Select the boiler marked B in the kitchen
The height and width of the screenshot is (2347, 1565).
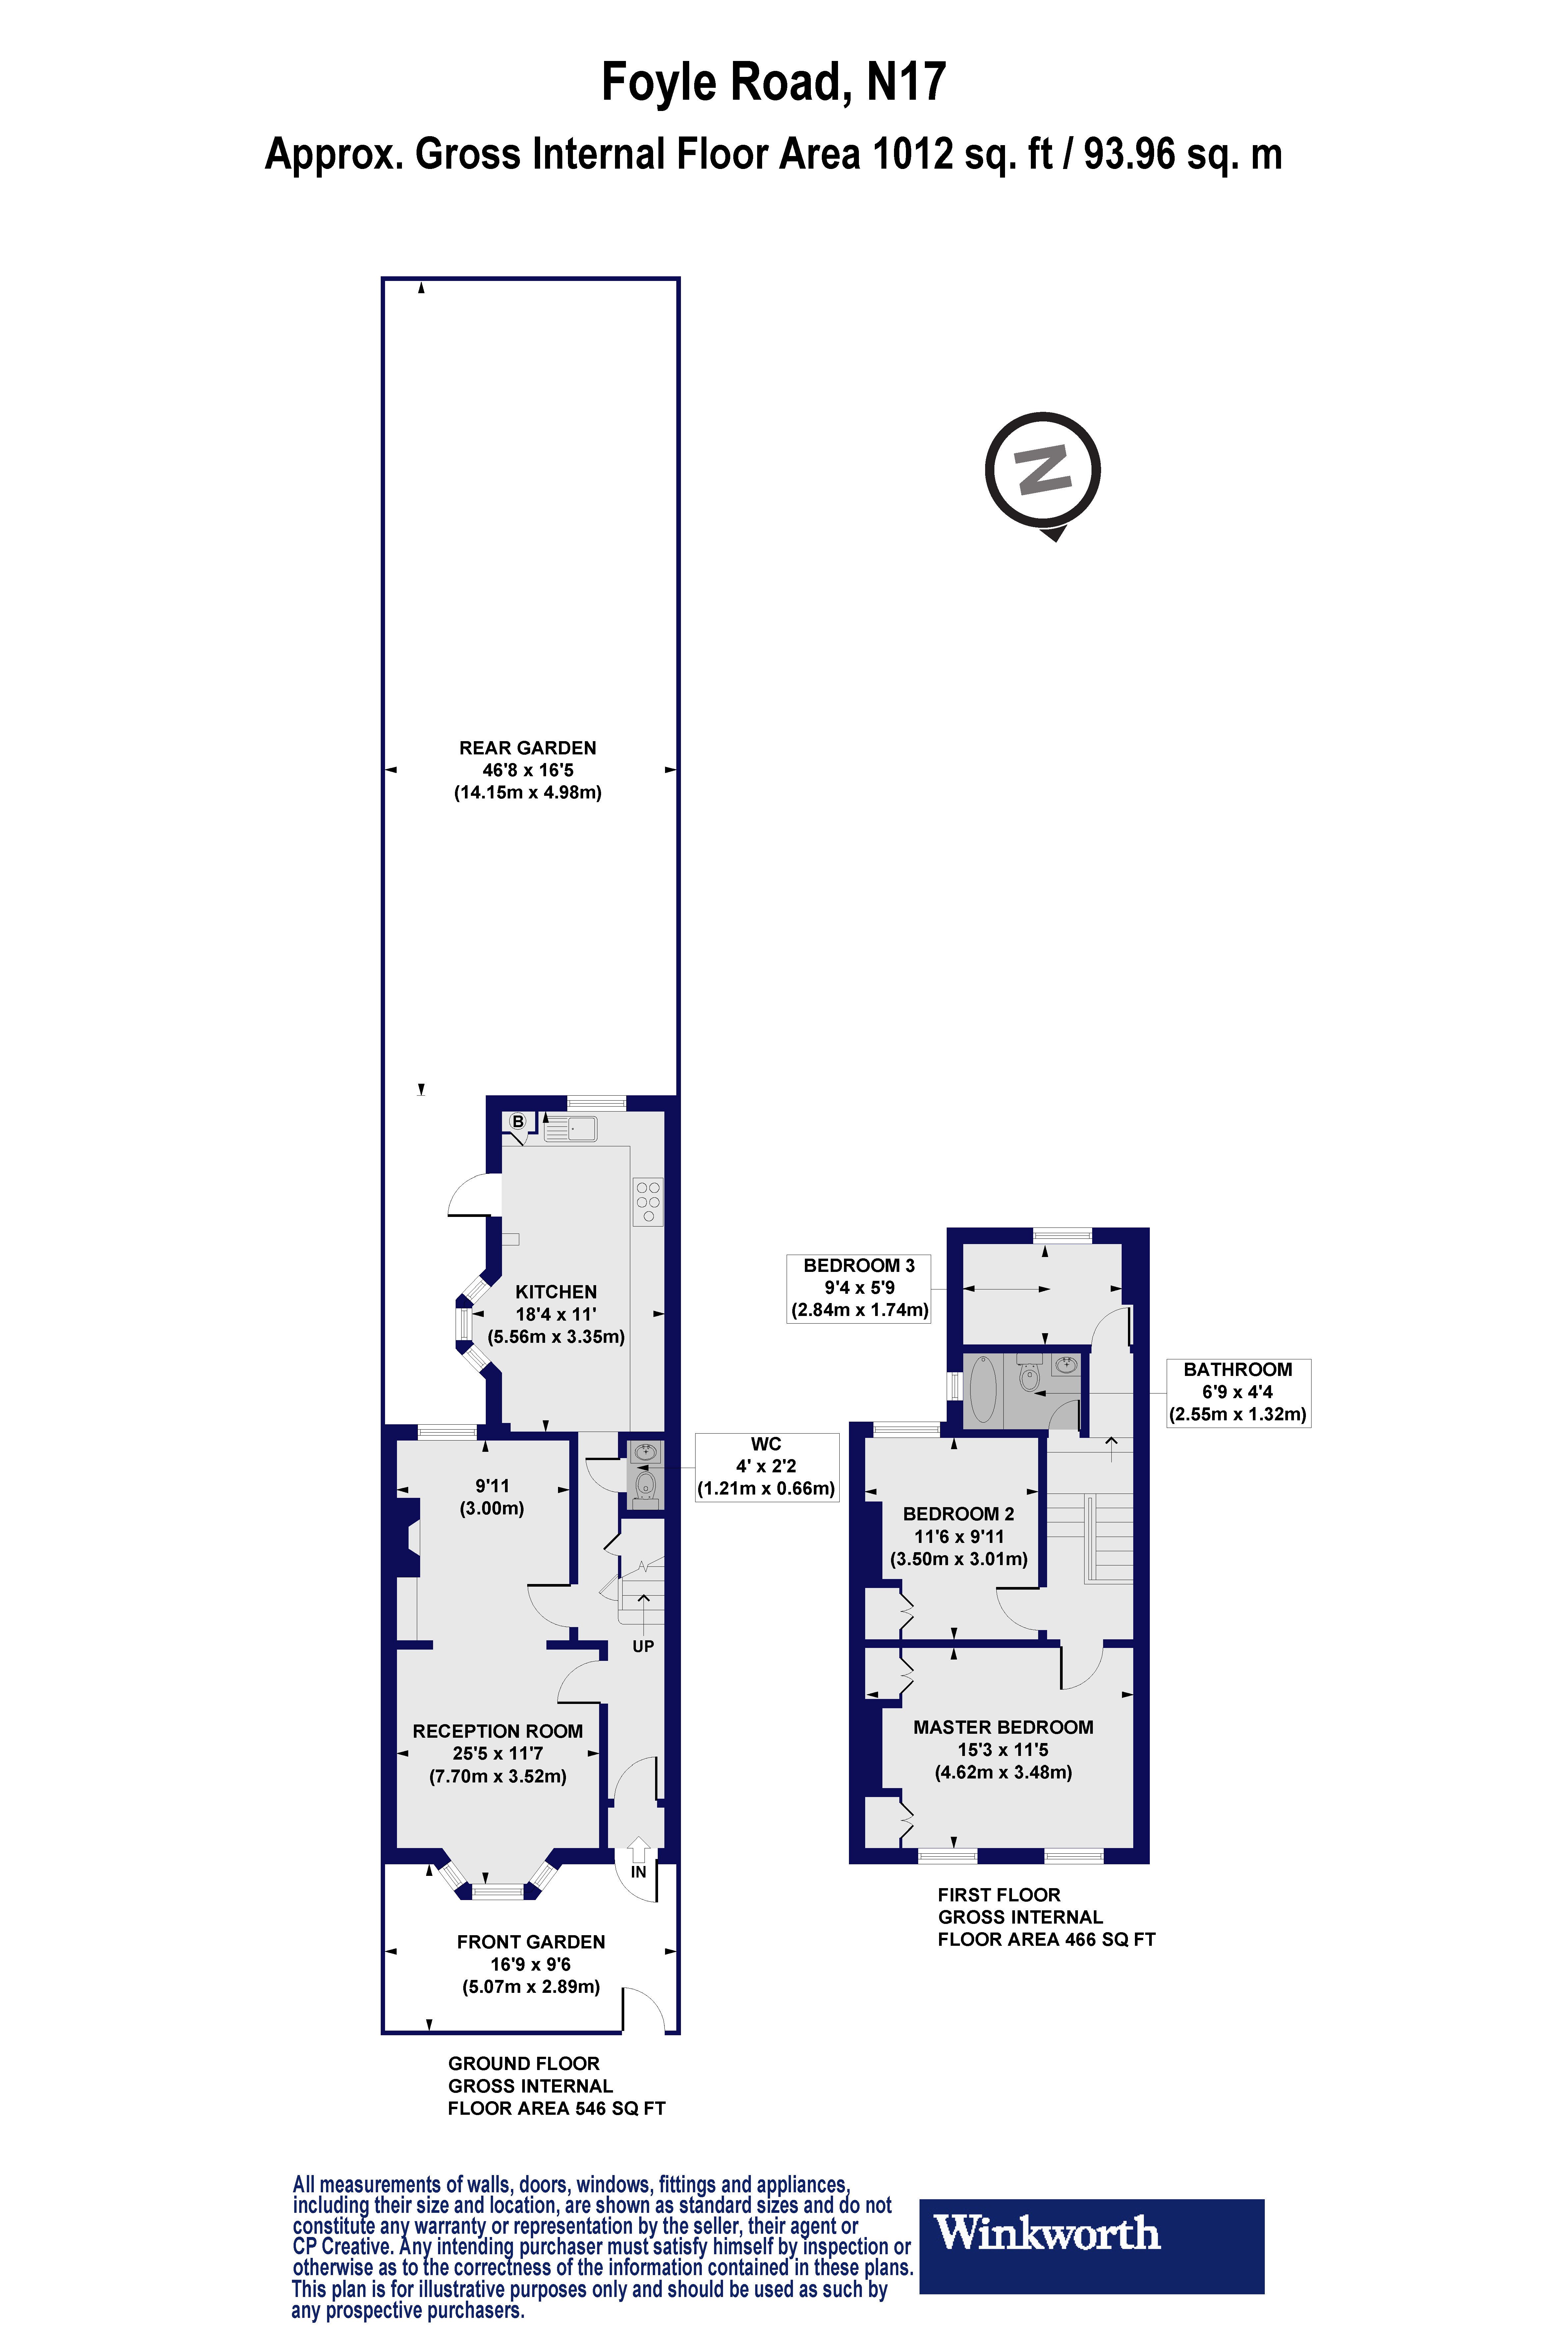click(x=518, y=1121)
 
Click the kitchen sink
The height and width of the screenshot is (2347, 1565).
click(x=571, y=1128)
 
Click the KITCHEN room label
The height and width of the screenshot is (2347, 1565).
click(x=556, y=1292)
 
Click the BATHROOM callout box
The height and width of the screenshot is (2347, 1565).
click(x=1238, y=1392)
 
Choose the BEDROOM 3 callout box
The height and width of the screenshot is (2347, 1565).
click(x=858, y=1287)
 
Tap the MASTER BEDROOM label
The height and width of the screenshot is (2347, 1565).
click(x=1003, y=1727)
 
